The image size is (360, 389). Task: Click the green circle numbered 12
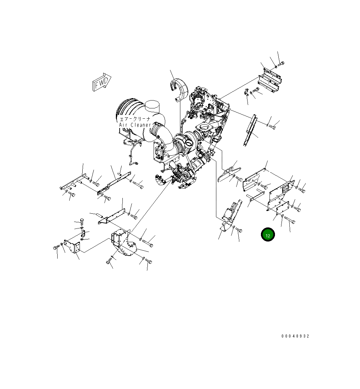coord(268,234)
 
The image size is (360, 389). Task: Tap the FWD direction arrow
coord(101,82)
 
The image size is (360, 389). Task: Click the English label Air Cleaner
coord(135,125)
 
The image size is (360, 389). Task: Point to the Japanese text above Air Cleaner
coord(135,119)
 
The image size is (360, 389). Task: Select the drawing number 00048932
coord(295,336)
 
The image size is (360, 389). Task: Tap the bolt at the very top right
coord(281,64)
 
